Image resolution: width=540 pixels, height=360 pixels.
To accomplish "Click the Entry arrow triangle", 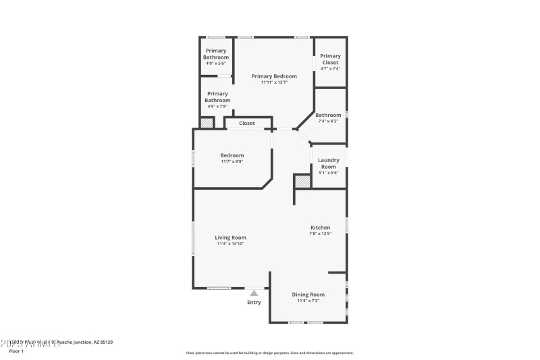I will [254, 293].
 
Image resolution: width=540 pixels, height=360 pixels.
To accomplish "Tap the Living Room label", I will [230, 238].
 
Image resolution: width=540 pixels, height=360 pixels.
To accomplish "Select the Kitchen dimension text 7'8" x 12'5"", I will [320, 234].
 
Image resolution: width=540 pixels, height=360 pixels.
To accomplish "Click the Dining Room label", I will [308, 294].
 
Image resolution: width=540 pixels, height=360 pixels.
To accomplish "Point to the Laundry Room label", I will [328, 163].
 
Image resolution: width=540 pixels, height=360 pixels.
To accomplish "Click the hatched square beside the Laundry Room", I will [302, 181].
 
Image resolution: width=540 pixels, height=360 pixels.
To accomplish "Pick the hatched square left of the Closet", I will [207, 123].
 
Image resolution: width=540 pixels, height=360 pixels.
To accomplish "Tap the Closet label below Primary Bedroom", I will [246, 123].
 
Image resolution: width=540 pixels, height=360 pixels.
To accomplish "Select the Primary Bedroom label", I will [274, 76].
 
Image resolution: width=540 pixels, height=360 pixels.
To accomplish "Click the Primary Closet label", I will [330, 59].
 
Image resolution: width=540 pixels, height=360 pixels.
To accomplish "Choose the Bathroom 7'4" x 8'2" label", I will [328, 115].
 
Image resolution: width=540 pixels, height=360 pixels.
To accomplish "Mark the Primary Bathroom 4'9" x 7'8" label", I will [217, 97].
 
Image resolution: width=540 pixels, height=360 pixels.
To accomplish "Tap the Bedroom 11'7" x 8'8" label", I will [232, 155].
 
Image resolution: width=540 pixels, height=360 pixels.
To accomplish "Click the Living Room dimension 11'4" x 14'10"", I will [230, 244].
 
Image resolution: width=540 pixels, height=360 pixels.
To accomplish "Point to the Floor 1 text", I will [16, 351].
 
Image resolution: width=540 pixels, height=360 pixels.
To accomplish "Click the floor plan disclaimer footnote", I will [269, 353].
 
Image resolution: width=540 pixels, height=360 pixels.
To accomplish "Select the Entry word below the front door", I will [254, 302].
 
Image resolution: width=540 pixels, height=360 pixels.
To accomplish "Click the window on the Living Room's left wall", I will [193, 238].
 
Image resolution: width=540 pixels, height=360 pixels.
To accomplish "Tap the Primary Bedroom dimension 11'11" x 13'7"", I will [274, 82].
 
